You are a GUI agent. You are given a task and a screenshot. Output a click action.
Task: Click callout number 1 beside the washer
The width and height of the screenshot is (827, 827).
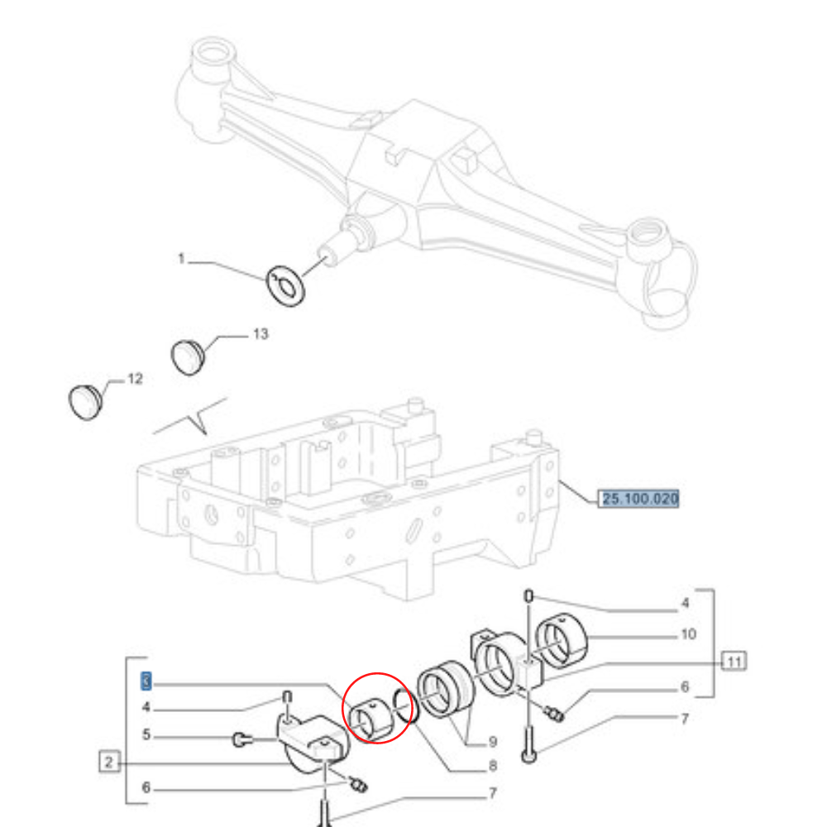point(181,259)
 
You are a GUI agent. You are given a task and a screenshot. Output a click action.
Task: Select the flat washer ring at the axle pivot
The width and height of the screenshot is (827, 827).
point(286,285)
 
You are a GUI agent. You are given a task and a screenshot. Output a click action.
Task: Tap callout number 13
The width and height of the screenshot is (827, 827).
point(260,334)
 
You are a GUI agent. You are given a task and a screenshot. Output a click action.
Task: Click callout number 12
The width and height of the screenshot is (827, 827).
point(134,379)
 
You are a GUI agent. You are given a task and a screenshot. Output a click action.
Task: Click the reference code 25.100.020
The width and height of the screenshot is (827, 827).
point(640,499)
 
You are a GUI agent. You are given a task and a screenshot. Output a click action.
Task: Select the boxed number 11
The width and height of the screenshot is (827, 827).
point(733,660)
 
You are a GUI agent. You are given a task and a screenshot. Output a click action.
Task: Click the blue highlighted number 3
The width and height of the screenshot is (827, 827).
point(146,681)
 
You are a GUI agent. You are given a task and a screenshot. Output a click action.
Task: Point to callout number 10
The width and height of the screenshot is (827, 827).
point(688,634)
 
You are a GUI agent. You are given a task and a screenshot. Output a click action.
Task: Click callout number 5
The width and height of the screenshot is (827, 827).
point(146,734)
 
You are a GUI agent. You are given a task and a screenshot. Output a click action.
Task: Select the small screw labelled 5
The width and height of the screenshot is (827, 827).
point(240,738)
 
